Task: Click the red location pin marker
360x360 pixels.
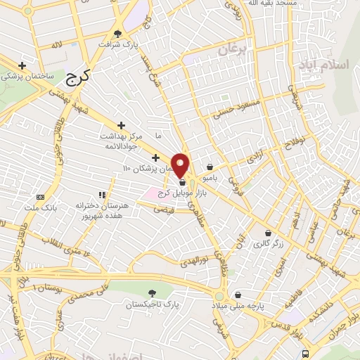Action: click(181, 164)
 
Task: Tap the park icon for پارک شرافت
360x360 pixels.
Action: click(117, 34)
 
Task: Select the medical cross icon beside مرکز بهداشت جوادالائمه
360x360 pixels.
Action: click(122, 124)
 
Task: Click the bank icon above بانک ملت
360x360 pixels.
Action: click(40, 197)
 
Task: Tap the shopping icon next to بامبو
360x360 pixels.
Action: click(211, 167)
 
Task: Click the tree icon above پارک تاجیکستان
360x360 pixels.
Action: click(153, 292)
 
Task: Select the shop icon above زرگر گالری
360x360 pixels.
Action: click(267, 233)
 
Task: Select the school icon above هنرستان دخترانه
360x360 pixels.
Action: click(102, 195)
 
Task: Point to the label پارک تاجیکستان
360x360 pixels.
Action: click(149, 306)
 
